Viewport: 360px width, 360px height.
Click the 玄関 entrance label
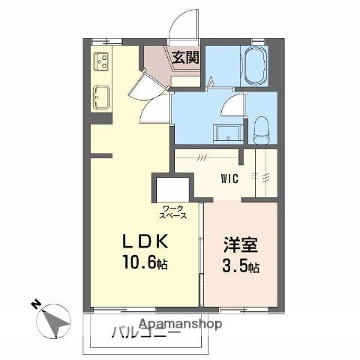tap(184, 57)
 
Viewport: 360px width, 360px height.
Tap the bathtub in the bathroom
tap(255, 67)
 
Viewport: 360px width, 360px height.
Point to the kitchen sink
tap(100, 96)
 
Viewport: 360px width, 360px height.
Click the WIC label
tap(230, 179)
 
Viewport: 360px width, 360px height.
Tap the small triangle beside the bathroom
tap(211, 82)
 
